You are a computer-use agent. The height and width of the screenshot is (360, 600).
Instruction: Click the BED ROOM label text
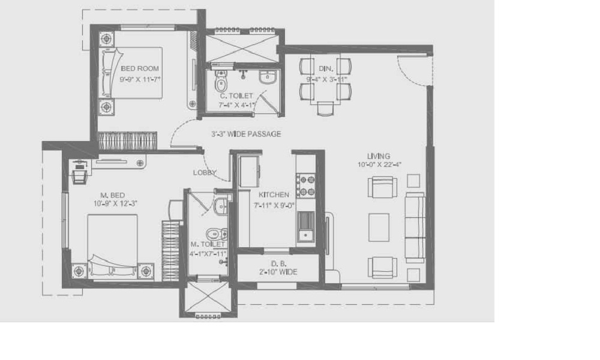(140, 68)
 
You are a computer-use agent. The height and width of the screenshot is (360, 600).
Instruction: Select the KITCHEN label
(274, 194)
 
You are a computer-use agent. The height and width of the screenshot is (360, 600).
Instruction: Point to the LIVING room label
(379, 156)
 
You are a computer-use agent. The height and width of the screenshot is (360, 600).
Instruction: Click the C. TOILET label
(236, 95)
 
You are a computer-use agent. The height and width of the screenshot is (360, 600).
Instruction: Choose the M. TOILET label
(208, 244)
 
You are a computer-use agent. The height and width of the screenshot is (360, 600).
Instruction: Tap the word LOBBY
(205, 172)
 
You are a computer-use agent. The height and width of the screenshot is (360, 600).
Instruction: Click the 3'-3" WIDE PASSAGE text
(245, 134)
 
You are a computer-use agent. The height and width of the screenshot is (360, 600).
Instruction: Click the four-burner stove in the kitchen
(305, 185)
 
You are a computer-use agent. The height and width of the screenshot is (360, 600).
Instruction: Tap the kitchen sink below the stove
(306, 226)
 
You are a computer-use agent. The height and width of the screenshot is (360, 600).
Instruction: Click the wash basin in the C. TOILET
(267, 77)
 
